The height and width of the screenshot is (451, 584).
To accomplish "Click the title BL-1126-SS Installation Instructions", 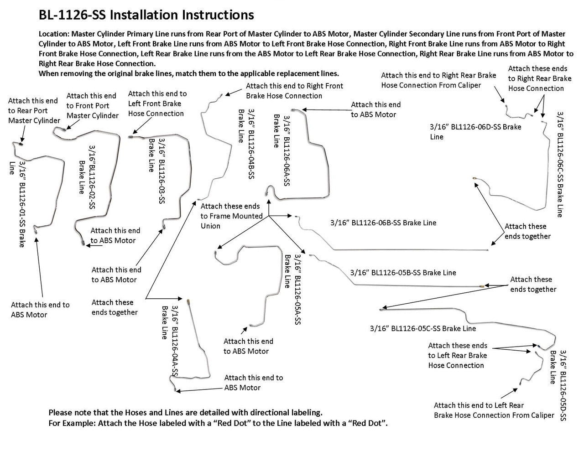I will [146, 15].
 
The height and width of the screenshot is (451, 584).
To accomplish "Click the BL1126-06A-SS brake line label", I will [282, 150].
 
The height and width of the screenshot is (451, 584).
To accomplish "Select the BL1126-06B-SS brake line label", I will [383, 223].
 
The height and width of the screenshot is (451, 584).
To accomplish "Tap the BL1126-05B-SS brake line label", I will [403, 273].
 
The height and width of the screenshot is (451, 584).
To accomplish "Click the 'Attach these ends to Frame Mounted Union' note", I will [231, 216].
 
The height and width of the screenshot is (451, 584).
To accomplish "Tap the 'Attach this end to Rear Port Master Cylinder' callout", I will [34, 111].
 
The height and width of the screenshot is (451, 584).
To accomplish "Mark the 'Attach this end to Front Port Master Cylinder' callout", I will [92, 106].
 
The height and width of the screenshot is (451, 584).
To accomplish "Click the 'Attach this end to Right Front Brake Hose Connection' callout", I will [294, 91].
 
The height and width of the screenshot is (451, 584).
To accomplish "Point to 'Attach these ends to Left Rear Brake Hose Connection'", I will [457, 356].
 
